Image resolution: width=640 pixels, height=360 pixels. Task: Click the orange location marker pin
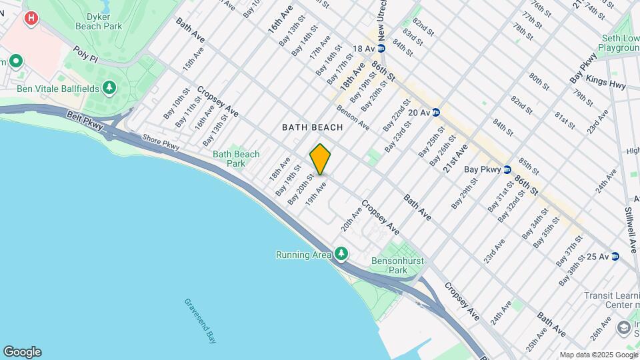[320, 159]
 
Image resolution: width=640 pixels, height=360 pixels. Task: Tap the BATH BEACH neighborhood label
[313, 127]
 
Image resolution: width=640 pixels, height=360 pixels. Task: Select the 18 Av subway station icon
[381, 49]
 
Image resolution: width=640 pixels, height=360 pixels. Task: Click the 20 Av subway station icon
[435, 113]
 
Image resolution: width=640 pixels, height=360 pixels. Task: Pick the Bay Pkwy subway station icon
[507, 169]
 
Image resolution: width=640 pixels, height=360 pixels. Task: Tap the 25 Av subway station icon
[615, 256]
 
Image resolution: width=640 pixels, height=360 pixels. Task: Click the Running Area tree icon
[341, 253]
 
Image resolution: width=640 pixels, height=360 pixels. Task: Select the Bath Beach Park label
[236, 159]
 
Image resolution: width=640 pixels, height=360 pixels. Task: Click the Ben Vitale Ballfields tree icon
[109, 88]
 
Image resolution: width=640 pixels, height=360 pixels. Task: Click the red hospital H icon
[30, 18]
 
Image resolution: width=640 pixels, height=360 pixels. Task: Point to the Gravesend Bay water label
[200, 321]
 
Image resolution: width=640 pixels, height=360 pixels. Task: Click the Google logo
[22, 352]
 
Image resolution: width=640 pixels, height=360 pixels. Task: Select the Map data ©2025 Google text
[598, 355]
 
